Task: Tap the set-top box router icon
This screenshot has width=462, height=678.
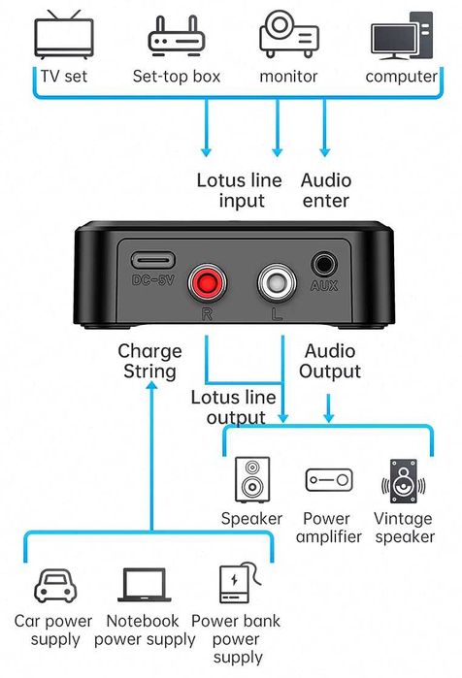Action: pos(176,36)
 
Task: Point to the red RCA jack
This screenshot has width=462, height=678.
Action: pos(206,283)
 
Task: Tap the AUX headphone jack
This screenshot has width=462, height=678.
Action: pos(324,265)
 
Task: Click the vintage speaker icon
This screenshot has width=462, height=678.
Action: pos(404,480)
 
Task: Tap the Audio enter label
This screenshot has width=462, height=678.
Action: pos(326,190)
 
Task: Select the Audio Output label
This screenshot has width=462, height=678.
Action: pos(330,361)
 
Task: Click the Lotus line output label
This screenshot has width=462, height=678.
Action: pos(236,407)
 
